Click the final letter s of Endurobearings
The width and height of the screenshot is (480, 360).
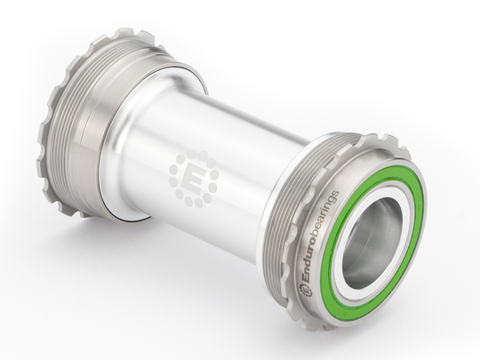[333, 195]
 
